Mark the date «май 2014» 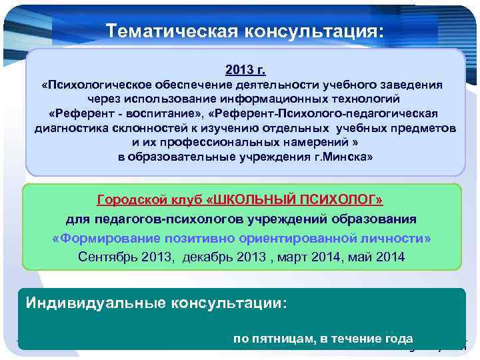click(375, 257)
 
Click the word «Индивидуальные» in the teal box click(91, 303)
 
